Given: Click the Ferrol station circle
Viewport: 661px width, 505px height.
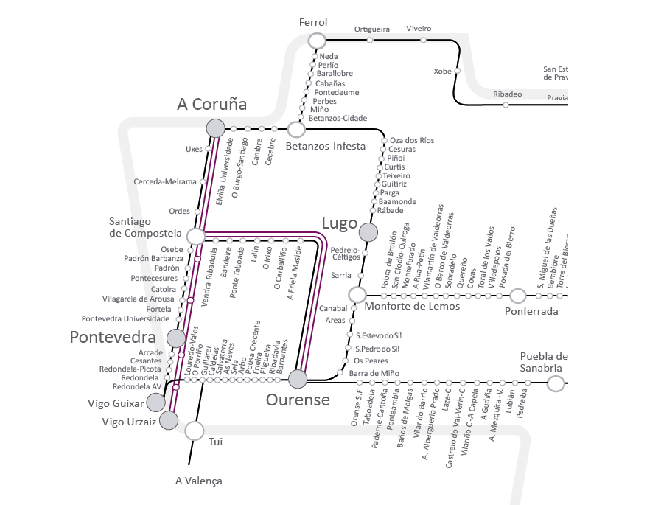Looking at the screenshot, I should click(317, 41).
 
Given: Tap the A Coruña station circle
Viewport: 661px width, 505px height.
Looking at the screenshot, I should click(215, 128).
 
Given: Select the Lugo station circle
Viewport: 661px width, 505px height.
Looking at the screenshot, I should click(368, 232).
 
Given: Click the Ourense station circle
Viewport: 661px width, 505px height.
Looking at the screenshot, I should click(298, 379).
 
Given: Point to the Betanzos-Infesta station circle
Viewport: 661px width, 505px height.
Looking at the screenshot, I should click(296, 130).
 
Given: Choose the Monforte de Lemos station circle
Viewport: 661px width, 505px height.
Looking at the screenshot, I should click(357, 295).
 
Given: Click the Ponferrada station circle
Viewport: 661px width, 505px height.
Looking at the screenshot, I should click(518, 296).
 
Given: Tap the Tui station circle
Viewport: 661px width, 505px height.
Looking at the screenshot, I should click(194, 431).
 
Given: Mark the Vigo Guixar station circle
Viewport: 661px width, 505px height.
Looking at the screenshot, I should click(156, 402).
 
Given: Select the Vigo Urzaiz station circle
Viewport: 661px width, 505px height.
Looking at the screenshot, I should click(169, 420).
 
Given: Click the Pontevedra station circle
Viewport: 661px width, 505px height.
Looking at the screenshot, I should click(176, 338).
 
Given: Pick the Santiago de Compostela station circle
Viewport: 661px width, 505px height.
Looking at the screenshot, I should click(196, 236).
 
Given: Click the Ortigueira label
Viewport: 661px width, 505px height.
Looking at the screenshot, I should click(371, 29).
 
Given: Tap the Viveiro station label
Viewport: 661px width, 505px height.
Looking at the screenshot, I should click(419, 29).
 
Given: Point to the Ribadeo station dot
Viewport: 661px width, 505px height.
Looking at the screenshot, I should click(506, 105).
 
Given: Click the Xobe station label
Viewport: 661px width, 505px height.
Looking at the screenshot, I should click(442, 72).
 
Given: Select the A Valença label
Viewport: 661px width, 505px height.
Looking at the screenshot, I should click(198, 481).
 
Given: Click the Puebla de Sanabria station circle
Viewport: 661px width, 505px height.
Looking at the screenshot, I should click(556, 383).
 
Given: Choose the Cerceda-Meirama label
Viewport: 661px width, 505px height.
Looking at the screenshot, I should click(165, 181).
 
